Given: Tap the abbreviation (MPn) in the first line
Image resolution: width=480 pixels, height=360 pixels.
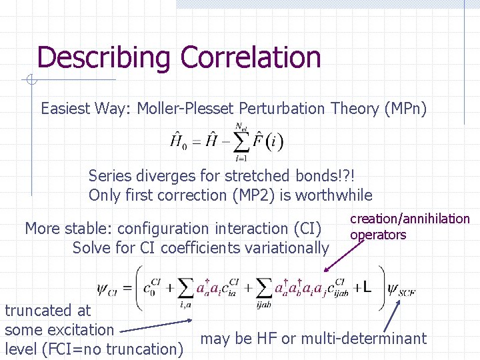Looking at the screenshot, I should [x=405, y=109].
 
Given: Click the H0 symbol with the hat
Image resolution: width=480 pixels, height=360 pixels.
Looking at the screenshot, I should [x=178, y=141].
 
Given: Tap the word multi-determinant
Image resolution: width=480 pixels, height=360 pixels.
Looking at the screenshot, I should [x=364, y=339].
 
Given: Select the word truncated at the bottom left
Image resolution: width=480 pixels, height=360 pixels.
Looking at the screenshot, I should [x=38, y=310].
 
